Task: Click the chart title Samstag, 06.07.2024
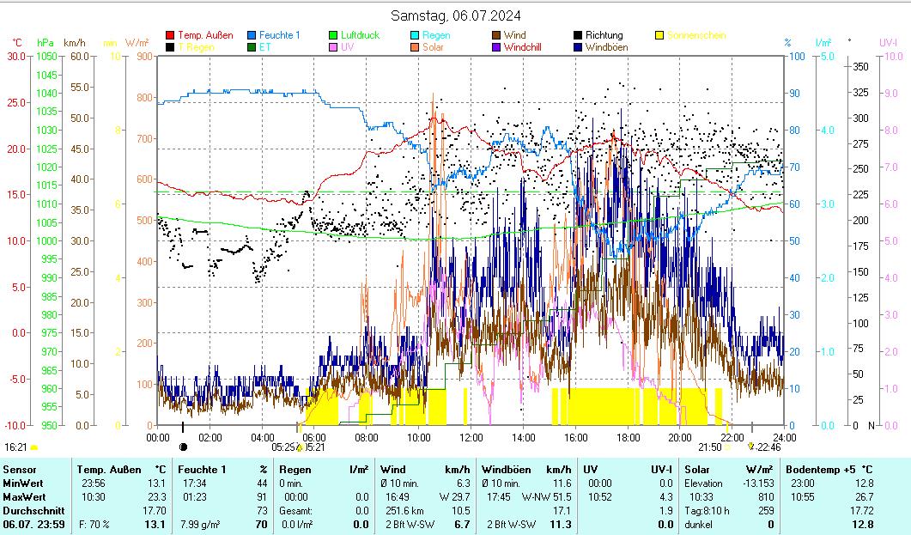(x=455, y=15)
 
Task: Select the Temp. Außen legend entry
(x=204, y=35)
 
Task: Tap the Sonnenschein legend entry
(x=695, y=35)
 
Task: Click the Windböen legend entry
(x=607, y=47)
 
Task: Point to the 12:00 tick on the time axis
(x=471, y=437)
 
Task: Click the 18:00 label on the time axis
(x=628, y=437)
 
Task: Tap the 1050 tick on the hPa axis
(x=46, y=57)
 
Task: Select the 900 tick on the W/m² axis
(x=143, y=57)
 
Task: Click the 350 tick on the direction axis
(x=861, y=66)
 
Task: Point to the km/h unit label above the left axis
(x=75, y=42)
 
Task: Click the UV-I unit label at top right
(x=889, y=42)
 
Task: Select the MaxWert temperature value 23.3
(x=155, y=496)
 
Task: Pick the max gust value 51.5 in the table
(x=562, y=496)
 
